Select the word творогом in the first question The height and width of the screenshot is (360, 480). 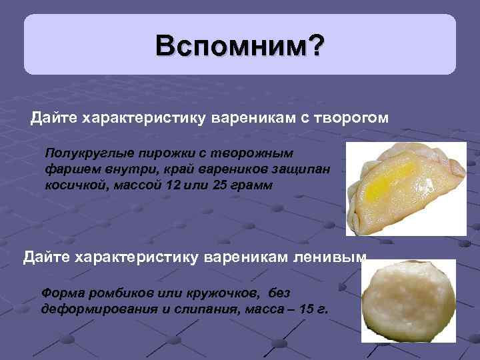point(352,119)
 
